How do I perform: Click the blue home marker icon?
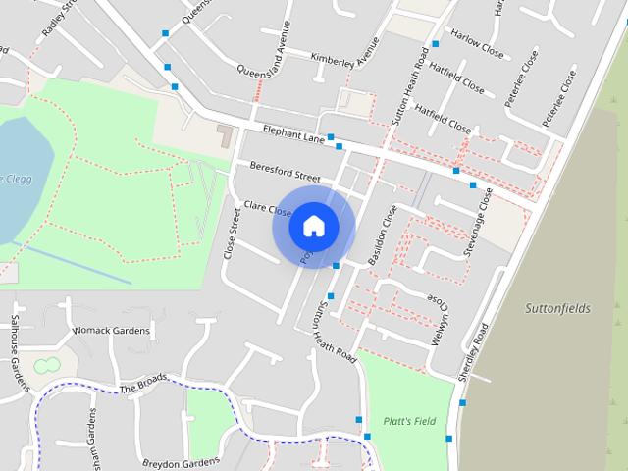pyautogui.click(x=314, y=226)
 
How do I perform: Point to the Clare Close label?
pyautogui.click(x=268, y=209)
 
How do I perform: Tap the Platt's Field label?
pyautogui.click(x=410, y=421)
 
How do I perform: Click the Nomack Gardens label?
pyautogui.click(x=112, y=331)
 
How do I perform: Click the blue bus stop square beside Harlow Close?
pyautogui.click(x=435, y=44)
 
